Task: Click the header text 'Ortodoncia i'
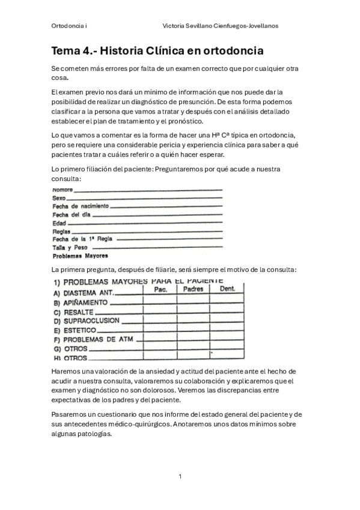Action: tap(70, 26)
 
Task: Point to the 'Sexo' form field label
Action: tap(59, 198)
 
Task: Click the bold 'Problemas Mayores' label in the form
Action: tap(76, 255)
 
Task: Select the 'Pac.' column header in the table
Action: tap(160, 289)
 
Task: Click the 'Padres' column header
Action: tap(193, 289)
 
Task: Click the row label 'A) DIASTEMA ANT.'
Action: tap(83, 293)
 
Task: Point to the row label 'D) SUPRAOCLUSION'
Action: tap(87, 321)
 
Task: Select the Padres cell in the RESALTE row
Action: tap(193, 312)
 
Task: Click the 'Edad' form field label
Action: tap(59, 223)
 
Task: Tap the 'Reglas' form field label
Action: tap(61, 231)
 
